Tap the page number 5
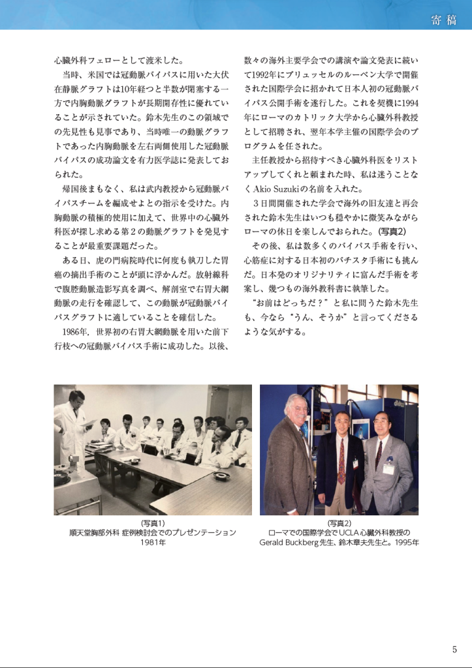coord(454,649)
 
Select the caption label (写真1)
coord(153,523)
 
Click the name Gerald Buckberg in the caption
coord(292,542)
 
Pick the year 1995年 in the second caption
coord(407,542)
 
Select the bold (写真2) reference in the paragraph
coord(392,232)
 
